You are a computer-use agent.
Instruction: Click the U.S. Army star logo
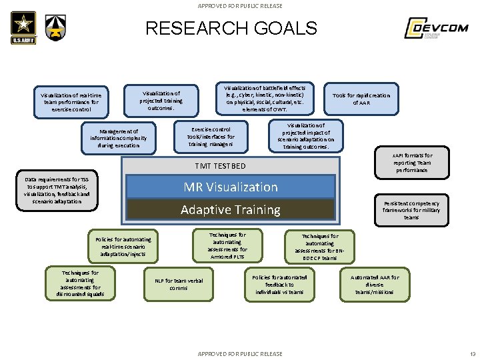click(23, 29)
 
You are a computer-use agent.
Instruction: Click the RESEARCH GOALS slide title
click(231, 28)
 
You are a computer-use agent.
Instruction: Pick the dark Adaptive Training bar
click(230, 210)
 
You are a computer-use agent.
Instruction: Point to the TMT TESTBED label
click(220, 166)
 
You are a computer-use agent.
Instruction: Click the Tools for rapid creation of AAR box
click(361, 99)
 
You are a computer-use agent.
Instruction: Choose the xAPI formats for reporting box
click(411, 163)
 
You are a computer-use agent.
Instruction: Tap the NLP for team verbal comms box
click(179, 284)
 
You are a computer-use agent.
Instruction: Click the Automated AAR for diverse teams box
click(375, 285)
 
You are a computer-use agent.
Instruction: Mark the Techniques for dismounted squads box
click(80, 283)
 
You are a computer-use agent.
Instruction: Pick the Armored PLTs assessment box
click(227, 245)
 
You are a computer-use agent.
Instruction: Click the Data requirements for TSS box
click(57, 190)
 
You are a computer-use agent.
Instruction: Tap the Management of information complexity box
click(119, 138)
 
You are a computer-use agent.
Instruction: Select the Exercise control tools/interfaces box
click(211, 136)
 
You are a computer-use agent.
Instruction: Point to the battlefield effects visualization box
click(265, 98)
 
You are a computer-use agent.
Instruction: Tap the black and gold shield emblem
click(55, 29)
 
